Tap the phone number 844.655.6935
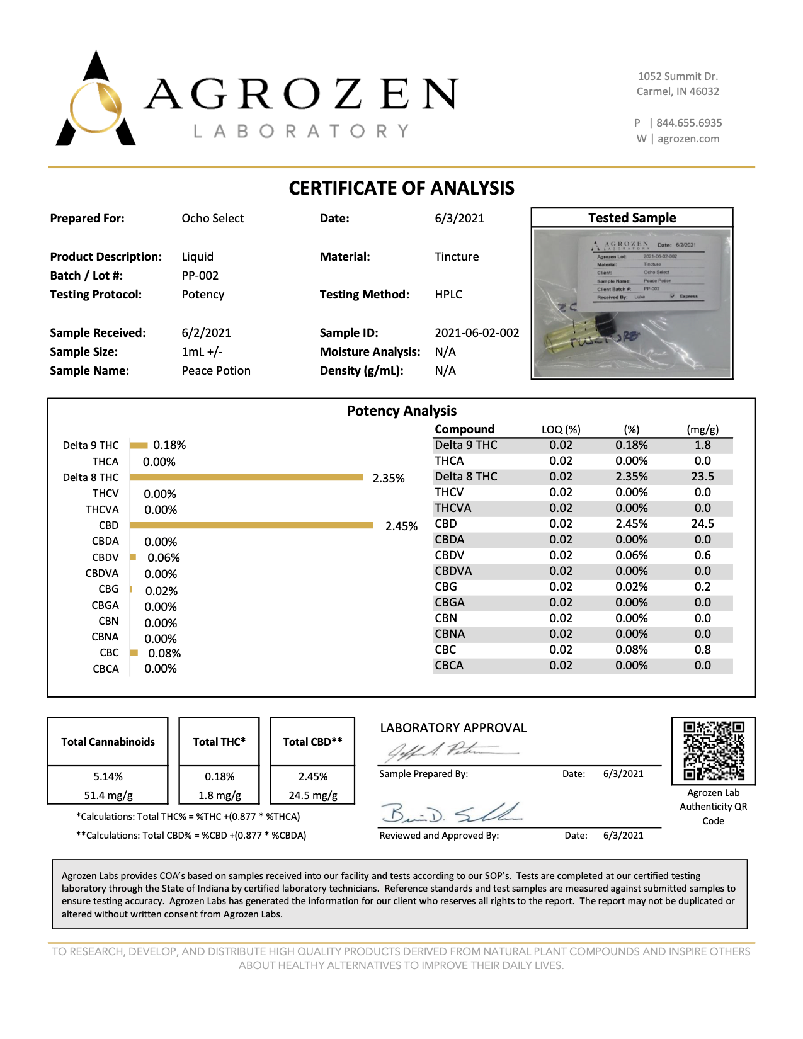pos(688,123)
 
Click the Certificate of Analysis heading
pos(401,188)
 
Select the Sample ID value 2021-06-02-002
pos(477,332)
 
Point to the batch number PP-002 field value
pos(200,275)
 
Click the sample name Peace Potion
pos(216,370)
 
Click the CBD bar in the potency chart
pos(252,525)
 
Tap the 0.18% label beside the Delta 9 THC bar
pos(169,445)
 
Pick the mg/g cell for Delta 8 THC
pos(702,477)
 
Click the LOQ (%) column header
pos(561,429)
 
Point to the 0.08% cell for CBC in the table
pos(631,649)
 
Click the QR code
pos(714,750)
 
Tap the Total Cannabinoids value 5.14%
pos(108,776)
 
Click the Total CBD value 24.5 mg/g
pos(313,795)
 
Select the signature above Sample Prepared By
pos(450,751)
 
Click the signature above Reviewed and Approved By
pos(450,814)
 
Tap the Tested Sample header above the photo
pos(632,218)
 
